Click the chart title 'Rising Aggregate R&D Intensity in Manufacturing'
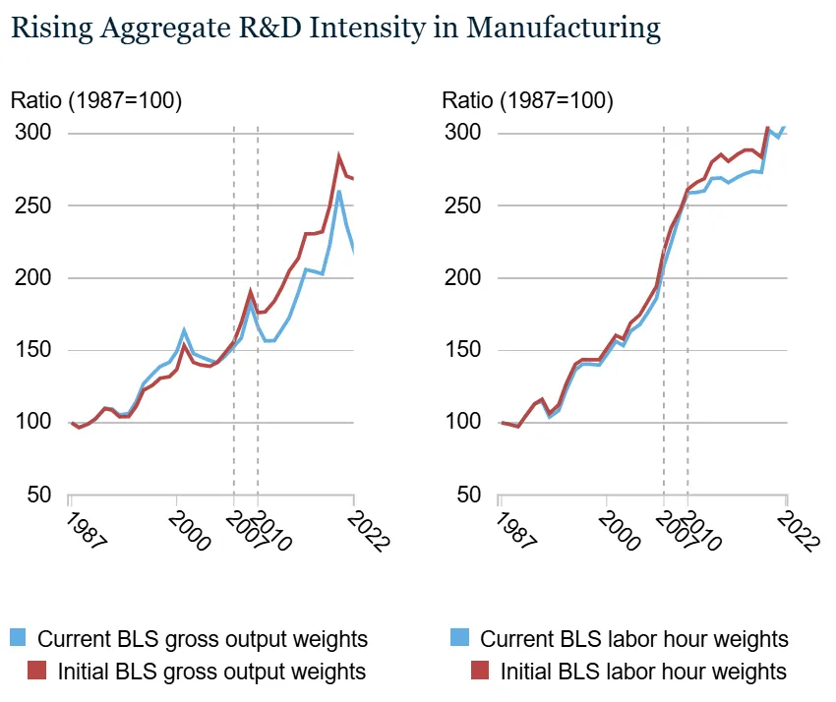point(335,29)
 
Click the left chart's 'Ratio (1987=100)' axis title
point(96,100)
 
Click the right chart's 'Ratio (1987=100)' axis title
point(528,100)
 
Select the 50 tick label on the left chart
point(38,495)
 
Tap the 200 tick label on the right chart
point(464,278)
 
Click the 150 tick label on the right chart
point(464,350)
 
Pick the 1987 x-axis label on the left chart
point(83,530)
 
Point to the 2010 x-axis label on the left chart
point(269,530)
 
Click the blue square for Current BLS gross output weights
point(18,638)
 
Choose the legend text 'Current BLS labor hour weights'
point(634,639)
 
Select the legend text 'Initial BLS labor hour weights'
point(643,673)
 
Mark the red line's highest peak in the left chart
point(338,156)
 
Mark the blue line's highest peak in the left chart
point(338,191)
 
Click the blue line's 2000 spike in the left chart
point(184,330)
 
